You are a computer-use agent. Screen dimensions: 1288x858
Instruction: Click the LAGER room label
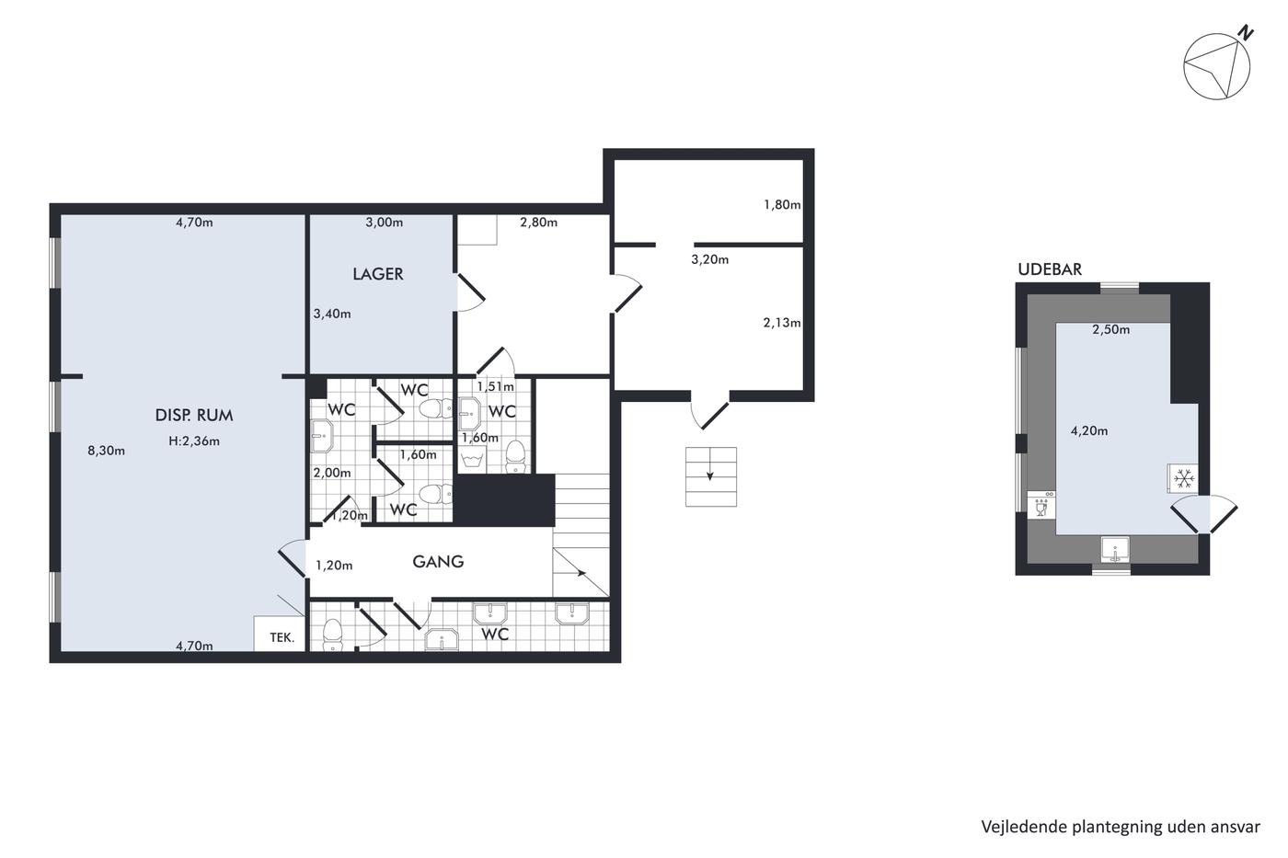pyautogui.click(x=378, y=274)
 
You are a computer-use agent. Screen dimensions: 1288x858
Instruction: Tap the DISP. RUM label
pyautogui.click(x=194, y=415)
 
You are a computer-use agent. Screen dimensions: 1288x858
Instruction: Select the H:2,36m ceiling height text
pyautogui.click(x=194, y=441)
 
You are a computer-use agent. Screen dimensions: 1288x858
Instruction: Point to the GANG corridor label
pyautogui.click(x=438, y=562)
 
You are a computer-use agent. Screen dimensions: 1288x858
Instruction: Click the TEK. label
pyautogui.click(x=282, y=637)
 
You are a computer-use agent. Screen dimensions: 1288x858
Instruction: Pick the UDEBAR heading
pyautogui.click(x=1050, y=269)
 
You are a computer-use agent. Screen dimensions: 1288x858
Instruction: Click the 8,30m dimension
pyautogui.click(x=107, y=451)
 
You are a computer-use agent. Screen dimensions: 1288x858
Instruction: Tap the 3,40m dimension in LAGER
pyautogui.click(x=332, y=315)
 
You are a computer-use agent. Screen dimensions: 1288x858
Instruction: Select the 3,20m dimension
pyautogui.click(x=709, y=259)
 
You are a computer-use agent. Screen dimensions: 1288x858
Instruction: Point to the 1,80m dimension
pyautogui.click(x=782, y=204)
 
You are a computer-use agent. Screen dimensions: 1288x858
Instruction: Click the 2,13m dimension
pyautogui.click(x=782, y=323)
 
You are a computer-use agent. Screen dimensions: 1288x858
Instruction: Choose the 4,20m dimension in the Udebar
pyautogui.click(x=1089, y=431)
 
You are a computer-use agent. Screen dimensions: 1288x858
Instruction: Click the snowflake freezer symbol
pyautogui.click(x=1184, y=478)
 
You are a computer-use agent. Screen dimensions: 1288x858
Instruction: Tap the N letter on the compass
pyautogui.click(x=1246, y=33)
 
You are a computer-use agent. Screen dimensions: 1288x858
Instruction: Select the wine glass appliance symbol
pyautogui.click(x=1041, y=509)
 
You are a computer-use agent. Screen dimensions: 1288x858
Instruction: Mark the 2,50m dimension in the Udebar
pyautogui.click(x=1111, y=330)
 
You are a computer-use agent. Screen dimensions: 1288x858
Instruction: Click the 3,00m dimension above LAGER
pyautogui.click(x=385, y=223)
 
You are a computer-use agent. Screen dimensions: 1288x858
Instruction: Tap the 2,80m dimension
pyautogui.click(x=539, y=223)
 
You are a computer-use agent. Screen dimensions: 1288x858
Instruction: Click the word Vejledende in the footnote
pyautogui.click(x=1015, y=827)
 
